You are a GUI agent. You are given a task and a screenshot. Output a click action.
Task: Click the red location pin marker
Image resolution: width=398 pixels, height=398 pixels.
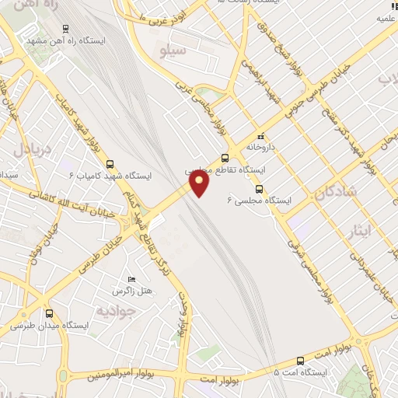click(200, 183)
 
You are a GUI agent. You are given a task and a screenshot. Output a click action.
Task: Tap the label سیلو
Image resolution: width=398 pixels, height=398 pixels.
click(172, 52)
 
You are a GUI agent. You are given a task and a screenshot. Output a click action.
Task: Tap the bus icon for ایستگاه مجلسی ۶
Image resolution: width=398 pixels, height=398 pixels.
click(259, 188)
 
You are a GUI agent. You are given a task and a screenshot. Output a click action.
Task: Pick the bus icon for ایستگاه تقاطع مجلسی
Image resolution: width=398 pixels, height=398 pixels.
click(225, 158)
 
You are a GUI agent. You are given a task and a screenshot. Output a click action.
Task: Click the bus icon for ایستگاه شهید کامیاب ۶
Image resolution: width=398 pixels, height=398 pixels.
click(110, 164)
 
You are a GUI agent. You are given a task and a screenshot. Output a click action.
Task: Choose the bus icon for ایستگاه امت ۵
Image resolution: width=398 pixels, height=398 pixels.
click(301, 360)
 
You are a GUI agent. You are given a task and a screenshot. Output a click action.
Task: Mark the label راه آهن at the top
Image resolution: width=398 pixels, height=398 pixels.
click(31, 6)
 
